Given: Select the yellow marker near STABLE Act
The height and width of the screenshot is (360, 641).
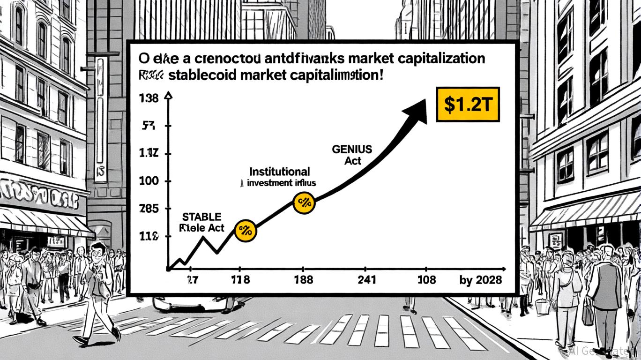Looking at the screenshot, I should (x=245, y=230).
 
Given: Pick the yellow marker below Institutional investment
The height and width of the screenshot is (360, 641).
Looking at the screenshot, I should (x=304, y=202).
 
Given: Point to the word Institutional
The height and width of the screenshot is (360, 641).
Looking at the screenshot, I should (x=280, y=172).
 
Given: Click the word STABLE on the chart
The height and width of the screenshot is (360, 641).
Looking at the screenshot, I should (x=201, y=217).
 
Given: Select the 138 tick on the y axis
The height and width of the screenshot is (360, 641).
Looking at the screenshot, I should (x=149, y=98).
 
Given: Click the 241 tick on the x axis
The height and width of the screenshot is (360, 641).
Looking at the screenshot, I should (x=367, y=280).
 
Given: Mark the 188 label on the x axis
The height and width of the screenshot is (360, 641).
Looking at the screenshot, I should (x=304, y=280).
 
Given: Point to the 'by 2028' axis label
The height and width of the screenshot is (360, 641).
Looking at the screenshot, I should (x=481, y=280).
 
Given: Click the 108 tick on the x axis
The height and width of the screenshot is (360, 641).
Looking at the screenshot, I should (x=426, y=280).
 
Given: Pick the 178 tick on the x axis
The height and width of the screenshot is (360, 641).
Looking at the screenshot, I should (x=240, y=280).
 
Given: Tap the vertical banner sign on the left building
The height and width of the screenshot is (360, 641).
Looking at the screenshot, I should (x=101, y=120).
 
